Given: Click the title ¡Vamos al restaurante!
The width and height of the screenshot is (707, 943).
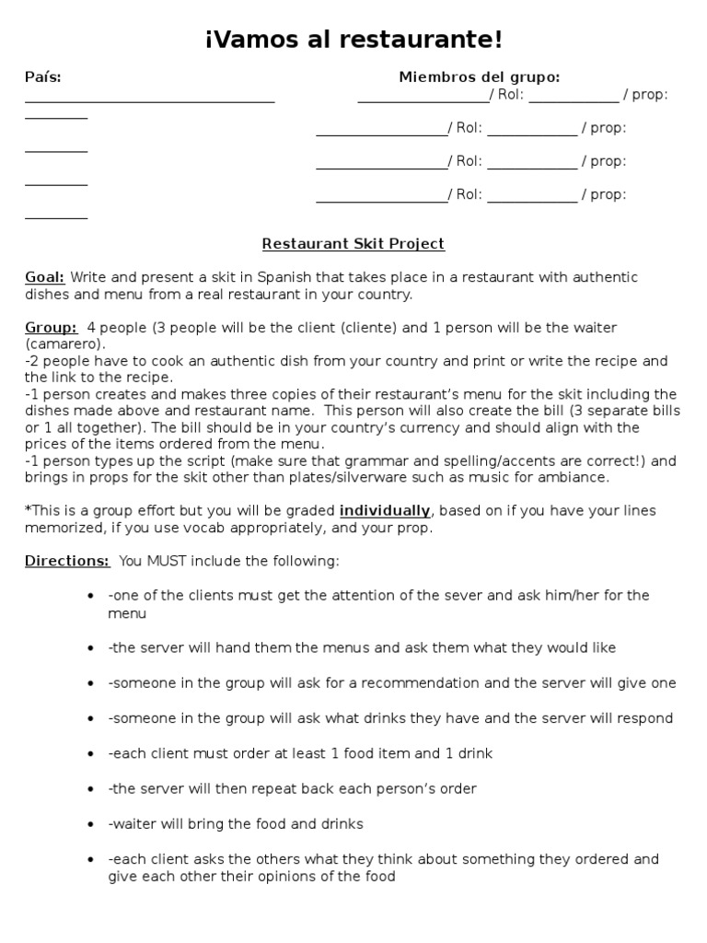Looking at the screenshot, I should pos(353,41).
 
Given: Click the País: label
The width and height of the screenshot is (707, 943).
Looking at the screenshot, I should pos(43,77).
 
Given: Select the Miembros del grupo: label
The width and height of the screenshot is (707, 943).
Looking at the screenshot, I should pos(479,77).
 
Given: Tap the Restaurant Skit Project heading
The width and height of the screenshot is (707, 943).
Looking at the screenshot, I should pos(353,244).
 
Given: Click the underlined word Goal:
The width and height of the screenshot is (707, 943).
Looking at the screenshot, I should pos(44,277).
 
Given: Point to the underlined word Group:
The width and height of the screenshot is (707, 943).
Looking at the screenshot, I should pos(51,328).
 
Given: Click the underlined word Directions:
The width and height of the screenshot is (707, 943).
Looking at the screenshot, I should pos(67,561).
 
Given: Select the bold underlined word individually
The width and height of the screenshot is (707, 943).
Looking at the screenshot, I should pos(385,510).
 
